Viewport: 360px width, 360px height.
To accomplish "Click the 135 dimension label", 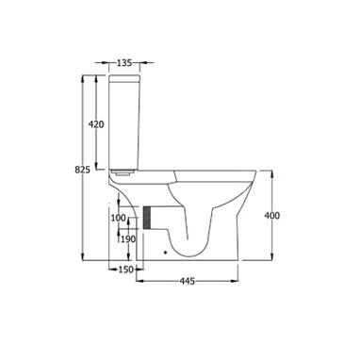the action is (x=124, y=63).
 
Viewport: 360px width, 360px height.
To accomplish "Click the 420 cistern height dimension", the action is (x=96, y=124).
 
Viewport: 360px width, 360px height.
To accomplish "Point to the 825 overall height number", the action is (x=82, y=170).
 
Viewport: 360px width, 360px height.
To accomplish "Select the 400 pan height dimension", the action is (x=271, y=216).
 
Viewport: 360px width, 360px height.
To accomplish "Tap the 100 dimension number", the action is (x=119, y=218).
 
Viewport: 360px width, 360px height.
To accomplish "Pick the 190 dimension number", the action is (x=128, y=239).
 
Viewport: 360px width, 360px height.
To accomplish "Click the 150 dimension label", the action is (x=126, y=270).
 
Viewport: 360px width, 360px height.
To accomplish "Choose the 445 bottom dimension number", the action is (x=188, y=281).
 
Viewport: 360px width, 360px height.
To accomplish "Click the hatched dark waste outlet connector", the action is (x=147, y=218).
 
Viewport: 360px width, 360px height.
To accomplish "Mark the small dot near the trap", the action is (x=166, y=252).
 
